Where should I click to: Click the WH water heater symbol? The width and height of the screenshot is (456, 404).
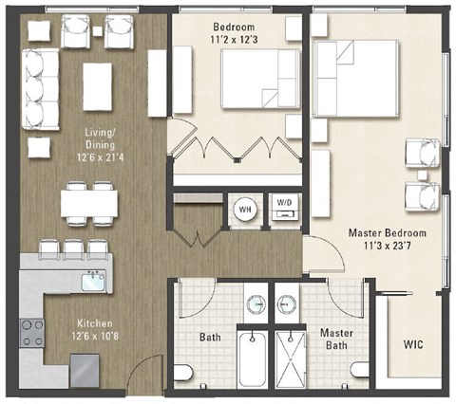(244, 210)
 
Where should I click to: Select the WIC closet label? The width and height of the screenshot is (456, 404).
(413, 342)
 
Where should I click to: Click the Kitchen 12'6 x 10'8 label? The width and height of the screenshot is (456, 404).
(68, 328)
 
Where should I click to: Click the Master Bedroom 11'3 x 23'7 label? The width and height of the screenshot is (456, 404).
(387, 240)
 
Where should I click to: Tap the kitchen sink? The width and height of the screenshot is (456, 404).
(92, 282)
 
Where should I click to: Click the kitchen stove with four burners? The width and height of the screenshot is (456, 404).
(30, 334)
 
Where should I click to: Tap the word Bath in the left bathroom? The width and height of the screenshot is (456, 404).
(210, 337)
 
